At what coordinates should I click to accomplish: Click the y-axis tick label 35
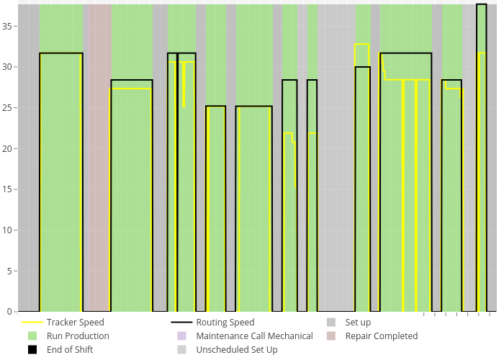tap(8, 26)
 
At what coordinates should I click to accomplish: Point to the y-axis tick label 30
tap(8, 67)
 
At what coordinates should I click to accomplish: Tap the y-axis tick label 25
tap(8, 108)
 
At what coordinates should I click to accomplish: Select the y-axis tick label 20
tap(8, 148)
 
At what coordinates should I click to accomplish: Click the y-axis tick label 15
tap(8, 189)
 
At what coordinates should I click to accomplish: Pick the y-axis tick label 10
tap(8, 230)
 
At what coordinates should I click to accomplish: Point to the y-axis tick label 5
tap(10, 271)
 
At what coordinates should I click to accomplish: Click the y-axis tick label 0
tap(10, 312)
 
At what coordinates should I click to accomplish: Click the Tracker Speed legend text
tap(75, 323)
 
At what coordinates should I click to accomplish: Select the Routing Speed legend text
tap(225, 323)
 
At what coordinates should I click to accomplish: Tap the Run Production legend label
tap(78, 336)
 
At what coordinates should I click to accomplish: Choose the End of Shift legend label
tap(70, 350)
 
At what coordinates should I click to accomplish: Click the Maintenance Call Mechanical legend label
tap(254, 336)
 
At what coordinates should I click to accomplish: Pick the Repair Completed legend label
tap(381, 336)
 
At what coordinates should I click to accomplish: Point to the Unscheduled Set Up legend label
tap(236, 350)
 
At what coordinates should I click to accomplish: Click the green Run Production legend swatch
tap(32, 336)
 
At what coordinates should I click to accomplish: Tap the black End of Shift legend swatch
tap(32, 350)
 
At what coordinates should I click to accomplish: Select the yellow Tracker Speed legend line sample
tap(32, 323)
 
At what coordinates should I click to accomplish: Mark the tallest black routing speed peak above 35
tap(481, 5)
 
